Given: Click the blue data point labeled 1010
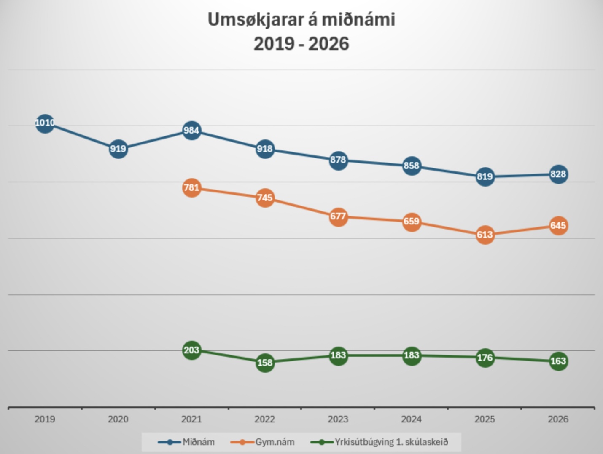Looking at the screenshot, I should pyautogui.click(x=45, y=123).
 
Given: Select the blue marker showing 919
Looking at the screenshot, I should pyautogui.click(x=118, y=149).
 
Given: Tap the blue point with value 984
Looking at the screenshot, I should pyautogui.click(x=191, y=131).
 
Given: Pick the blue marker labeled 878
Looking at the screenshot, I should pyautogui.click(x=338, y=160).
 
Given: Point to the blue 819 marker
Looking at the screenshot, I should pyautogui.click(x=485, y=176).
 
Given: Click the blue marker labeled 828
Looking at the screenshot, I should pyautogui.click(x=558, y=174).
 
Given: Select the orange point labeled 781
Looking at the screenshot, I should pyautogui.click(x=191, y=187).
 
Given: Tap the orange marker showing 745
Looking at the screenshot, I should pyautogui.click(x=265, y=198).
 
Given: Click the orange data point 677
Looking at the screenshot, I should pyautogui.click(x=338, y=216).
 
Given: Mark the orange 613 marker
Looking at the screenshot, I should pyautogui.click(x=485, y=235).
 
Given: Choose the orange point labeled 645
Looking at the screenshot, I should pyautogui.click(x=558, y=226).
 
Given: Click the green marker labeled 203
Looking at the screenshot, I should pyautogui.click(x=191, y=350).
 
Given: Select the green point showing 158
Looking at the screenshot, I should pyautogui.click(x=265, y=363).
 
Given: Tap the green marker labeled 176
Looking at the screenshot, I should pyautogui.click(x=485, y=358).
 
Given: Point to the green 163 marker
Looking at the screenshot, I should pyautogui.click(x=558, y=361).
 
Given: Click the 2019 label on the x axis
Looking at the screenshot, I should pyautogui.click(x=45, y=419).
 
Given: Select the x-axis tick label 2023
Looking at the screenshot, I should pyautogui.click(x=338, y=419).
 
